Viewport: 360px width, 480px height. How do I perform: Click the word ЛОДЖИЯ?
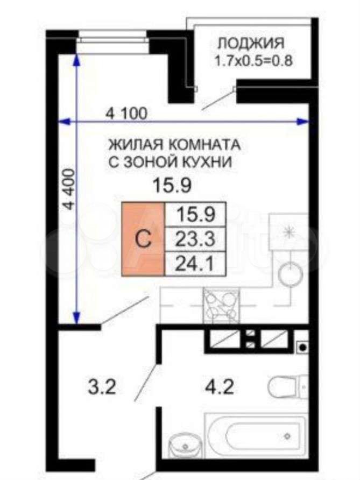click(x=251, y=43)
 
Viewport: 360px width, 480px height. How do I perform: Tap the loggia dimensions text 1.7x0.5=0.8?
click(x=253, y=60)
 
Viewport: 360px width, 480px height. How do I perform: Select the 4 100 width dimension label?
click(x=126, y=114)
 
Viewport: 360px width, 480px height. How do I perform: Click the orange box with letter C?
click(x=143, y=239)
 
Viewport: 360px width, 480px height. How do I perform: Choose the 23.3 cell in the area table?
click(x=195, y=239)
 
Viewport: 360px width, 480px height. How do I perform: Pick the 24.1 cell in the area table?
click(x=195, y=264)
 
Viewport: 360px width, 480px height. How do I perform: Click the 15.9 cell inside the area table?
click(x=195, y=215)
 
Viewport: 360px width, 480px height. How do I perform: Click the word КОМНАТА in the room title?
click(x=205, y=145)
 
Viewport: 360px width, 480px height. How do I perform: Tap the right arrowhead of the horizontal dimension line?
click(x=303, y=122)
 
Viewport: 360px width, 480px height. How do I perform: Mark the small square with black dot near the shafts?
click(x=302, y=347)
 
